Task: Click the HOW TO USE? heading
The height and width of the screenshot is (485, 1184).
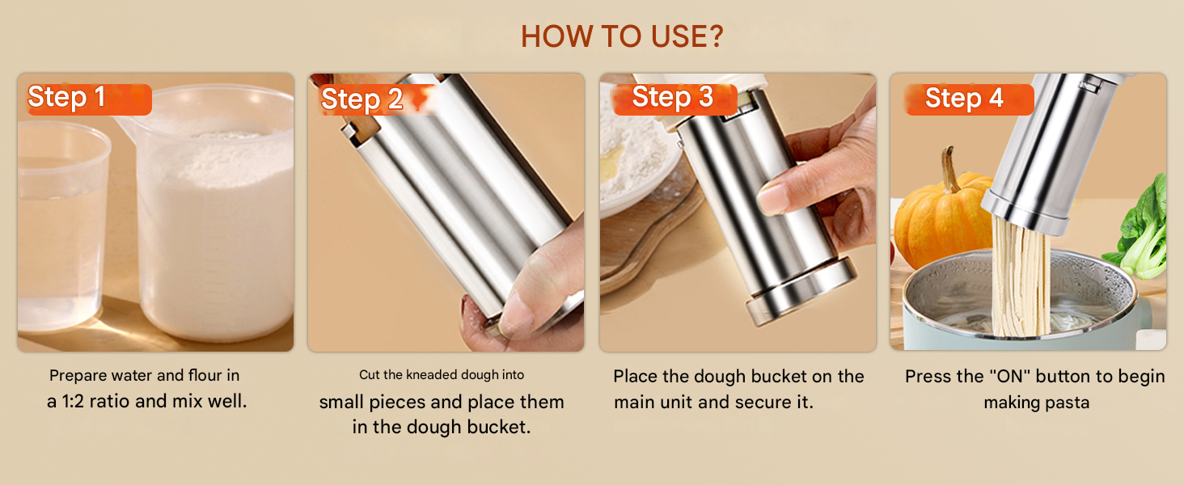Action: tap(622, 36)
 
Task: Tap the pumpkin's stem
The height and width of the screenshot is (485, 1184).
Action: tap(950, 168)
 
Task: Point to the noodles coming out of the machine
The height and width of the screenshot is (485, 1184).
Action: tap(1020, 277)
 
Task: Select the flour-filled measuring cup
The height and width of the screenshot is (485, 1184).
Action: tap(211, 211)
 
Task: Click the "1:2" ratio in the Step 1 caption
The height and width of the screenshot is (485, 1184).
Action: tap(73, 402)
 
